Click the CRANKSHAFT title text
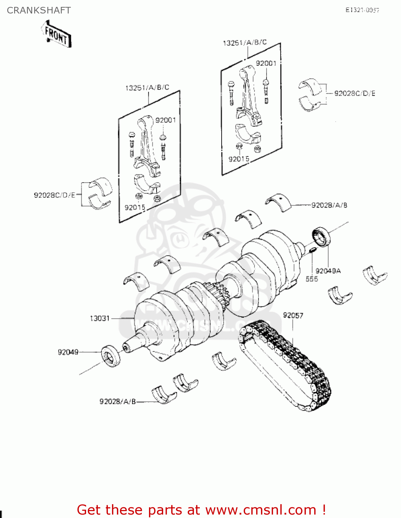(x=39, y=10)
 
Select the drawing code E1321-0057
(x=362, y=10)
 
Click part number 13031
(x=100, y=318)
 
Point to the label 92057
(x=293, y=315)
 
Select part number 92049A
(x=328, y=271)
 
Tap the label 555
(x=311, y=279)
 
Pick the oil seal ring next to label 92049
(x=111, y=355)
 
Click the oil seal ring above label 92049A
(x=321, y=237)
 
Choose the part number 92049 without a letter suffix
(x=68, y=352)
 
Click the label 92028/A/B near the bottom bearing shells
(x=118, y=402)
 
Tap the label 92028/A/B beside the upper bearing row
(x=329, y=205)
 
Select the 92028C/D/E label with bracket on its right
(x=55, y=195)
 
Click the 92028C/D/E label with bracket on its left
(x=355, y=93)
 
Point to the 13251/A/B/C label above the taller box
(x=245, y=42)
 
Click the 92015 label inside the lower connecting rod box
(x=135, y=208)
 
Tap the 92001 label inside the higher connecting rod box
(x=266, y=63)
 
